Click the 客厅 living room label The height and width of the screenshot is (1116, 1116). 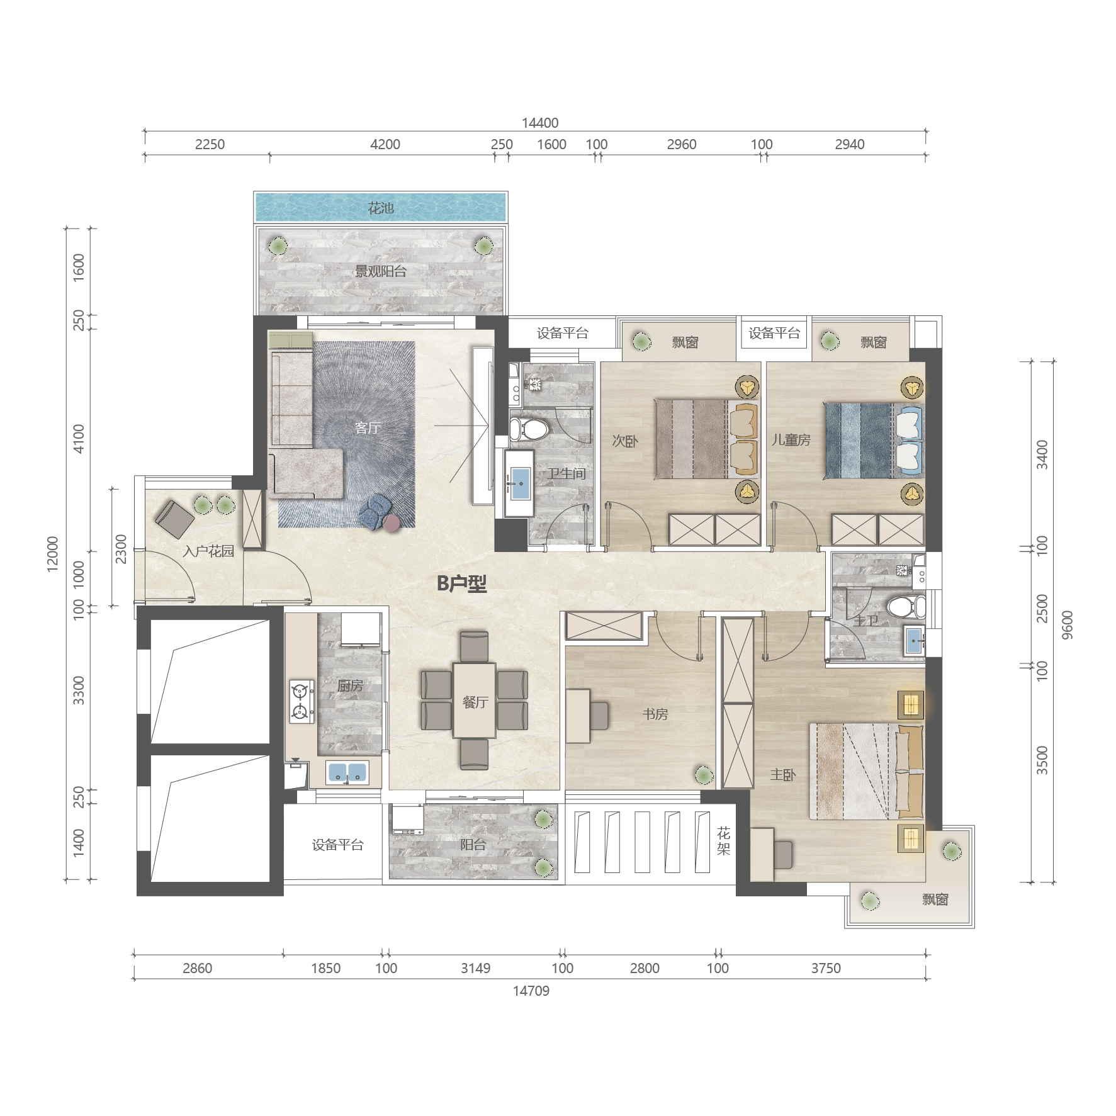tap(368, 428)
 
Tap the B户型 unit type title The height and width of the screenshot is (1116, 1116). tap(461, 583)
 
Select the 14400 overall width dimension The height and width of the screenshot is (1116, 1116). tap(539, 123)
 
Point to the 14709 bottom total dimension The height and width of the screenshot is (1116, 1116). tap(531, 991)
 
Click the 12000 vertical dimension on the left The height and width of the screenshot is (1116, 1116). tap(53, 554)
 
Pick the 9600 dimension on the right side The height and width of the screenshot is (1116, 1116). tap(1068, 624)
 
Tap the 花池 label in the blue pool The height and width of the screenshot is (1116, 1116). tap(381, 208)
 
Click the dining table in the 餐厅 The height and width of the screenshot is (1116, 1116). tap(475, 700)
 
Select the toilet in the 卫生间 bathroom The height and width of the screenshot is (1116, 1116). tap(529, 429)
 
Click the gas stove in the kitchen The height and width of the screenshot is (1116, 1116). tap(302, 701)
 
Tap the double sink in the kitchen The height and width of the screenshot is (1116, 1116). tap(347, 772)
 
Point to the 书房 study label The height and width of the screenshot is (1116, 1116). tap(655, 714)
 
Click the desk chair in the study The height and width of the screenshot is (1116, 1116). tap(599, 716)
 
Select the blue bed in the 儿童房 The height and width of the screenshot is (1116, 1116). tap(874, 441)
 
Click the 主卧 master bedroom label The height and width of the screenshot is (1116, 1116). tap(783, 775)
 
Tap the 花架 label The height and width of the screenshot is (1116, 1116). tap(724, 842)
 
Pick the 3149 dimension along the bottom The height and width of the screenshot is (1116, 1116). tap(475, 968)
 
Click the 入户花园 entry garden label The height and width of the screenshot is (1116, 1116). tap(208, 551)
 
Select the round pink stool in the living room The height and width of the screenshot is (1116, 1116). tap(392, 523)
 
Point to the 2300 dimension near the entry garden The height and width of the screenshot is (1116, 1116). tap(121, 549)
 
